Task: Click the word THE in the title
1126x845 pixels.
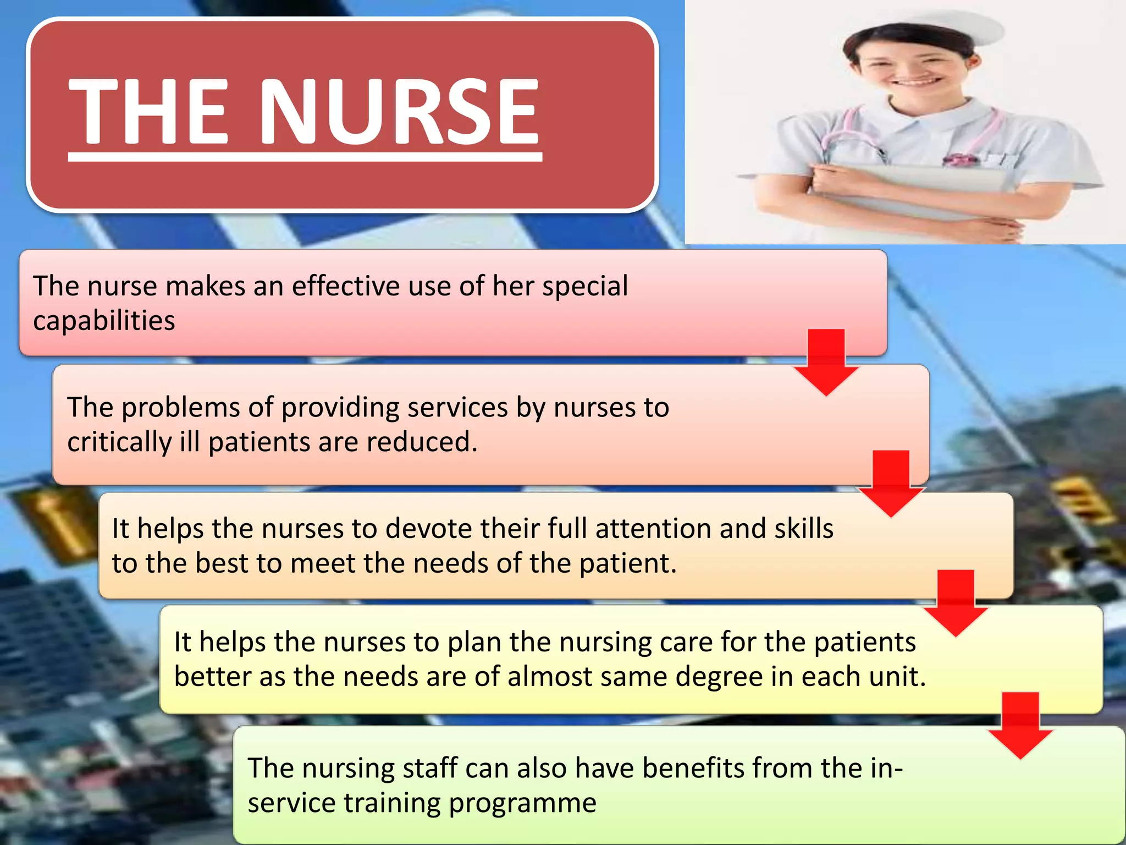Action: (x=148, y=112)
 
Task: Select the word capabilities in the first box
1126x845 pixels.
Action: (x=104, y=321)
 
